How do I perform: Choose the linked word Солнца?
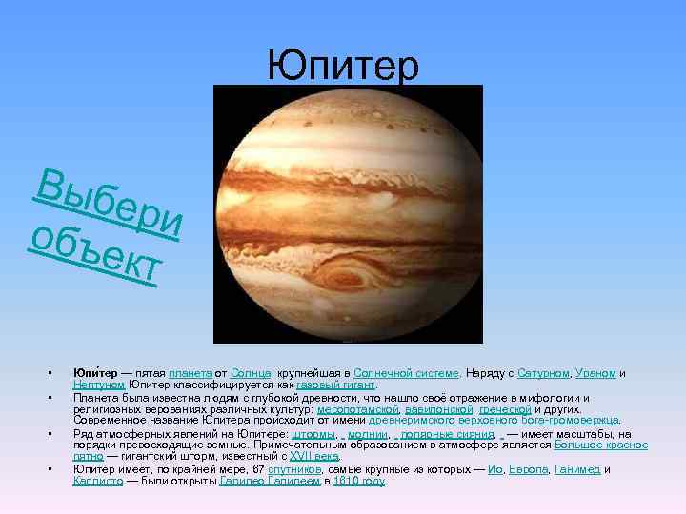point(250,373)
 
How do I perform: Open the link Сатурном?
point(545,373)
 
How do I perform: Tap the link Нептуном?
point(99,384)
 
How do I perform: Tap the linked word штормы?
point(313,434)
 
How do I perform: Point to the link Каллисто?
point(98,481)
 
